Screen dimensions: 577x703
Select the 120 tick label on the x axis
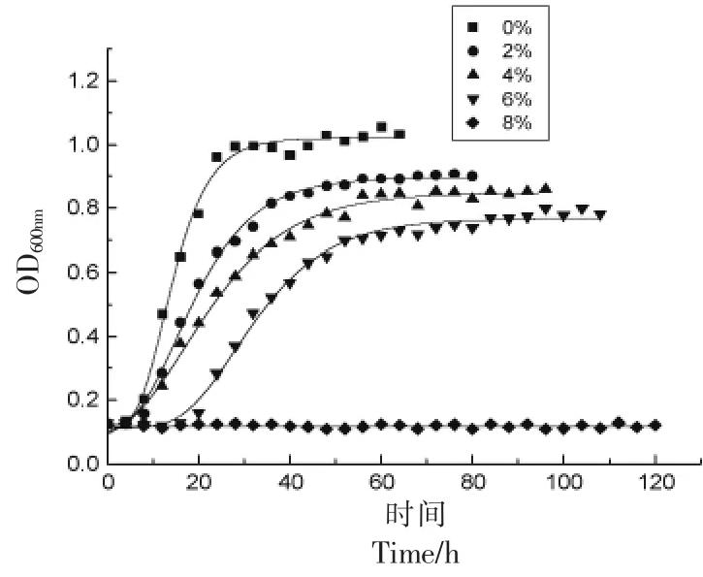(x=656, y=483)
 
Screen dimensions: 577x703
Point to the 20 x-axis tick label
(x=199, y=483)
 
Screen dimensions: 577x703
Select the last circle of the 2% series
(x=472, y=176)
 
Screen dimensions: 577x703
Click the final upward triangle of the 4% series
(x=546, y=188)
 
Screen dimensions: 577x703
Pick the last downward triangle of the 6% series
(x=600, y=214)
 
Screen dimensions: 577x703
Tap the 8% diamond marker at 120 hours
(x=655, y=426)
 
